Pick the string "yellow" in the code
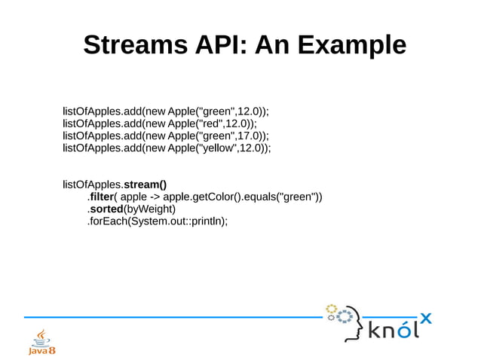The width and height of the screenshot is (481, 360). click(216, 148)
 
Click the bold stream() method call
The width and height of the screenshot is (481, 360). click(145, 184)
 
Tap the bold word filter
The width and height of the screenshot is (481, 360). click(100, 197)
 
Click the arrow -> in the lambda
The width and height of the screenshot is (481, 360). click(154, 197)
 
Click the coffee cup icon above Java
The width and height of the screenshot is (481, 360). click(41, 334)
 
